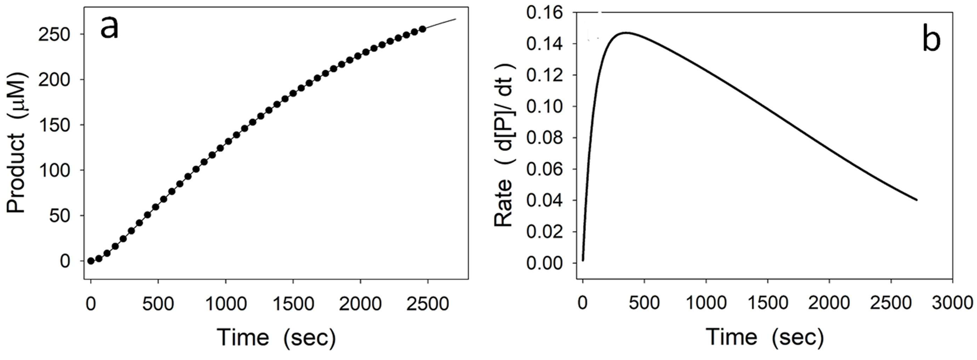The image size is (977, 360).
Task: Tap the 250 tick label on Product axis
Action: [x=54, y=35]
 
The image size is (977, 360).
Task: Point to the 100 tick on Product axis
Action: [x=54, y=170]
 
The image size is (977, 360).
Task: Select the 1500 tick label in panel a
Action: [x=293, y=304]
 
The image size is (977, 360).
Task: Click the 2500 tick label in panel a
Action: [x=427, y=304]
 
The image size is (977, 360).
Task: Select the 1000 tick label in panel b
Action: [x=706, y=304]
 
